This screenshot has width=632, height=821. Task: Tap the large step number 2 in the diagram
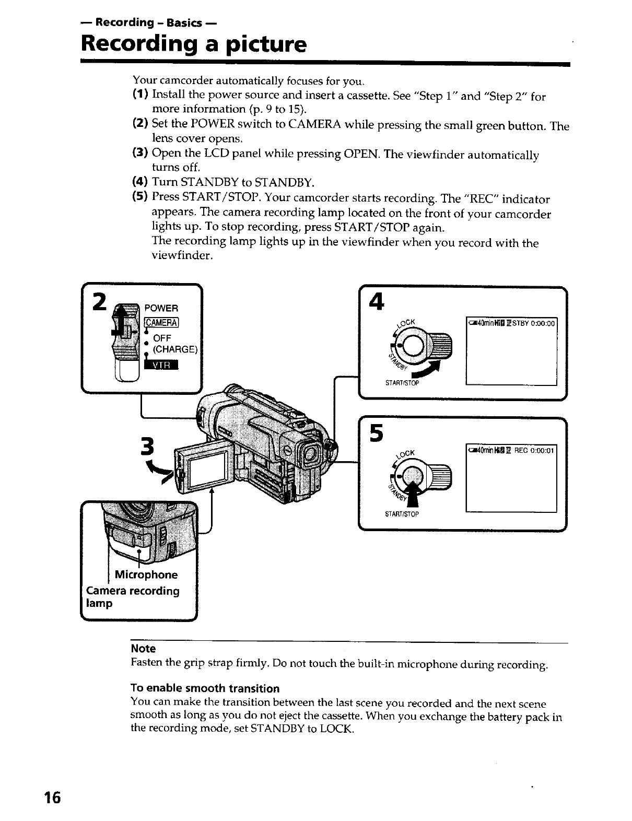98,302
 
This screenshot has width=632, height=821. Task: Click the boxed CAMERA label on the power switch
162,321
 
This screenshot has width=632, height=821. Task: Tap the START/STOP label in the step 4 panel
402,383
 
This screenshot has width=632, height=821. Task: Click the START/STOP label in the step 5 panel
402,514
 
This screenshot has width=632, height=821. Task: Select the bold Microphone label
146,575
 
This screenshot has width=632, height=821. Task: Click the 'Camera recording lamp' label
132,597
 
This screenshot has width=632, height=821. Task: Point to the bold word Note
143,649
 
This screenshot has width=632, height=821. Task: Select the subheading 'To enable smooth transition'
205,688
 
